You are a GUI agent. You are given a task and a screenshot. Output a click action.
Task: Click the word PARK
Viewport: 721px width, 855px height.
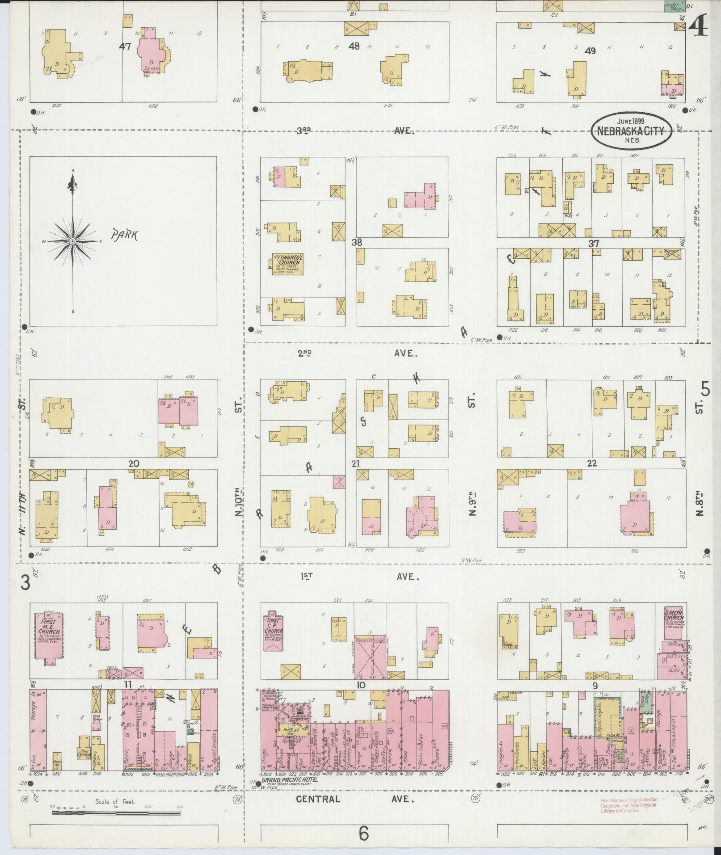[x=125, y=235]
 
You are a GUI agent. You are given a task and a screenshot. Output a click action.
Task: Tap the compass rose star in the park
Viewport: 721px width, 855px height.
[x=72, y=241]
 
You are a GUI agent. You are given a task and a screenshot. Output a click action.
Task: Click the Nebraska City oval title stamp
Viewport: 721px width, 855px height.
[x=632, y=131]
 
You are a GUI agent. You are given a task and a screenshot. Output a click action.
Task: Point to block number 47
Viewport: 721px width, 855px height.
[x=125, y=46]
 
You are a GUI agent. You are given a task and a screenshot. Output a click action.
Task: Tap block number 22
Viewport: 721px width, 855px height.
[x=592, y=463]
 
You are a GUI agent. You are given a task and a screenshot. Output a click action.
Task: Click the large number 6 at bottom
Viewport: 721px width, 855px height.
[x=363, y=833]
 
